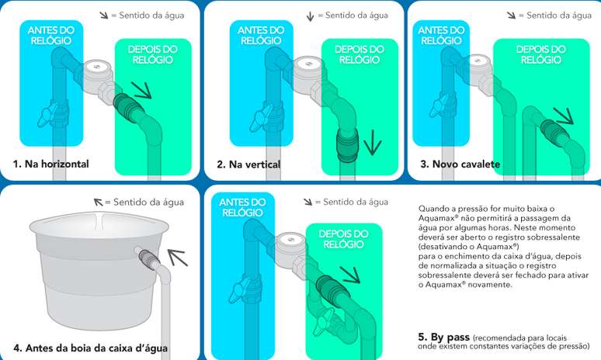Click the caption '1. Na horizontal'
pyautogui.click(x=50, y=164)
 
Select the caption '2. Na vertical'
pyautogui.click(x=248, y=164)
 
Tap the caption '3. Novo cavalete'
pyautogui.click(x=460, y=164)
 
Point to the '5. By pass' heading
pyautogui.click(x=443, y=337)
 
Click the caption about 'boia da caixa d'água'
pyautogui.click(x=90, y=348)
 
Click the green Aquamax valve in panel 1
pyautogui.click(x=124, y=107)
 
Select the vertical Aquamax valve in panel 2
pyautogui.click(x=347, y=146)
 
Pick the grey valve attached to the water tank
pyautogui.click(x=147, y=258)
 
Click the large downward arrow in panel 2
pyautogui.click(x=372, y=142)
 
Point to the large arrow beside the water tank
pyautogui.click(x=177, y=257)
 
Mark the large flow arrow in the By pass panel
pyautogui.click(x=349, y=275)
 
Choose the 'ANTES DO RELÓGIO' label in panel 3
pyautogui.click(x=441, y=35)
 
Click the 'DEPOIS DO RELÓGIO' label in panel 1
pyautogui.click(x=152, y=54)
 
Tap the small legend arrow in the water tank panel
pyautogui.click(x=98, y=202)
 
